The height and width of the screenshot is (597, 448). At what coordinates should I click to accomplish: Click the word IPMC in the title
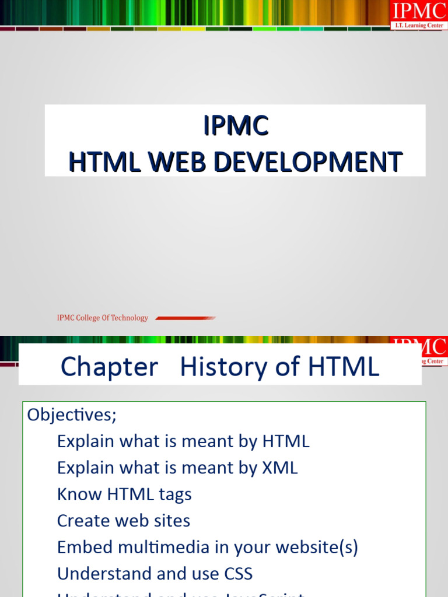[x=236, y=126]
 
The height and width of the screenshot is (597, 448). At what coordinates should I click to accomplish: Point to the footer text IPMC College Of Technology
[x=102, y=318]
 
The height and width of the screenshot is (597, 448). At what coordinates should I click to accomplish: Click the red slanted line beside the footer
[x=185, y=318]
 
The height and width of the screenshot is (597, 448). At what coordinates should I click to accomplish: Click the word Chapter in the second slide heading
[x=109, y=367]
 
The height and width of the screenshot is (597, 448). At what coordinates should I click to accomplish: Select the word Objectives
[x=72, y=415]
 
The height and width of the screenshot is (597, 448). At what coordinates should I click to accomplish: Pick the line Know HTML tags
[x=124, y=494]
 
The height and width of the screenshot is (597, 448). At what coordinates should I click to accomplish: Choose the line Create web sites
[x=124, y=521]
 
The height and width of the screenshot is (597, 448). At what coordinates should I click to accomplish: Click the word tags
[x=175, y=494]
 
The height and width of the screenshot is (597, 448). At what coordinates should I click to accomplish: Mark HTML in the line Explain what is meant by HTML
[x=286, y=441]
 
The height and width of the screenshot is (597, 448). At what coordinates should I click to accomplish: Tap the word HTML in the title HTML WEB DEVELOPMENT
[x=104, y=161]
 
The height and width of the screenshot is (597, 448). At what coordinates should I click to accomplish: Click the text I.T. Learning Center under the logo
[x=419, y=26]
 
